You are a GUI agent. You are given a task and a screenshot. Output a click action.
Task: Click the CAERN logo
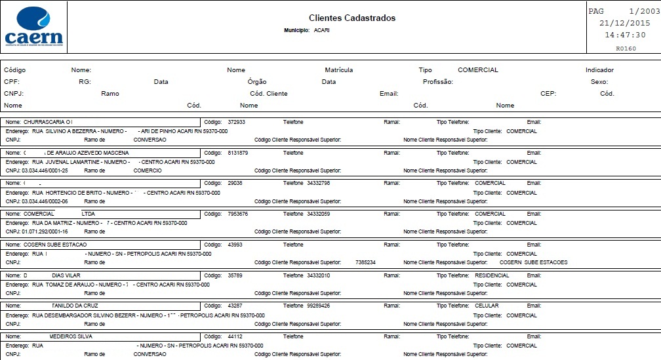point(33,28)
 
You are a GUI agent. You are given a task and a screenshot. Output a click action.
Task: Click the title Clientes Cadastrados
point(352,18)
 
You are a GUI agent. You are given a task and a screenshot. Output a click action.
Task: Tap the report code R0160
point(626,49)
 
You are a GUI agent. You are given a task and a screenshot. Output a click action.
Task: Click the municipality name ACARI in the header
point(321,31)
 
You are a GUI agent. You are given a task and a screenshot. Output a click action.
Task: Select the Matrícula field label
point(339,70)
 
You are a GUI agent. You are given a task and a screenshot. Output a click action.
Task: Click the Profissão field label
point(438,82)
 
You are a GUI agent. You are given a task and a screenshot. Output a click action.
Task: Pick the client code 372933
point(237,122)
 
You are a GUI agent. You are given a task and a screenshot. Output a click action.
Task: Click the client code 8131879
point(238,153)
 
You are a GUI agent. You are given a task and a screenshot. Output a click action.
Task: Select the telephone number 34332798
point(318,183)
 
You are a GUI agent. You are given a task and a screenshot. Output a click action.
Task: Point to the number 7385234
point(365,262)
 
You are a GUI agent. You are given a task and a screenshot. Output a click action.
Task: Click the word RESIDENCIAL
point(492,275)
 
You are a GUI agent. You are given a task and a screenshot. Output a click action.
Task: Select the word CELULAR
point(487,306)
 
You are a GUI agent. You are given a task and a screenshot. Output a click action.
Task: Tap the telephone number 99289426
point(318,306)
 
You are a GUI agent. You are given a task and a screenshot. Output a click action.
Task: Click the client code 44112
point(235,336)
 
